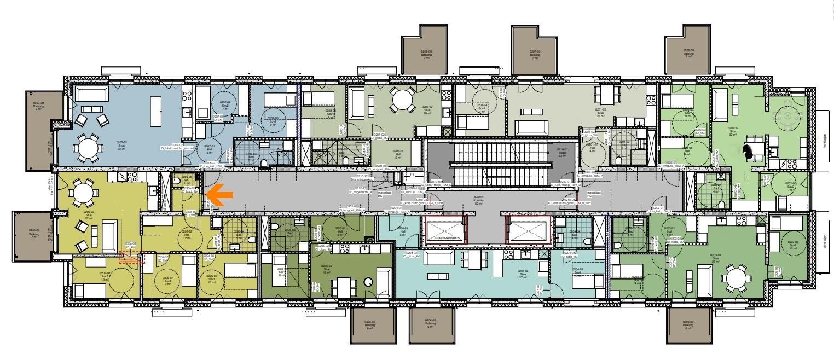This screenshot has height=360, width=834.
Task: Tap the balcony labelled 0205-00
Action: click(x=372, y=325)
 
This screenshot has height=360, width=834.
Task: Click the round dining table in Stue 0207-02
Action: click(x=88, y=147)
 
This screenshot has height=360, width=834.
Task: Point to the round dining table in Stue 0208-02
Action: click(x=402, y=100)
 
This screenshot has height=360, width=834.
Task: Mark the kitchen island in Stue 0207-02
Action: click(x=155, y=110)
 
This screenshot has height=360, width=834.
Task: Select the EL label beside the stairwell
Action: click(x=412, y=176)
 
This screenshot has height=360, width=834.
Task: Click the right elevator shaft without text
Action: click(x=529, y=229)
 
